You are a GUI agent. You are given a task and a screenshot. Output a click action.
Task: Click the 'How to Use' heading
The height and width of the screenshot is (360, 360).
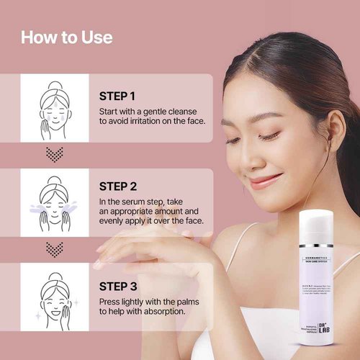[66, 37]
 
